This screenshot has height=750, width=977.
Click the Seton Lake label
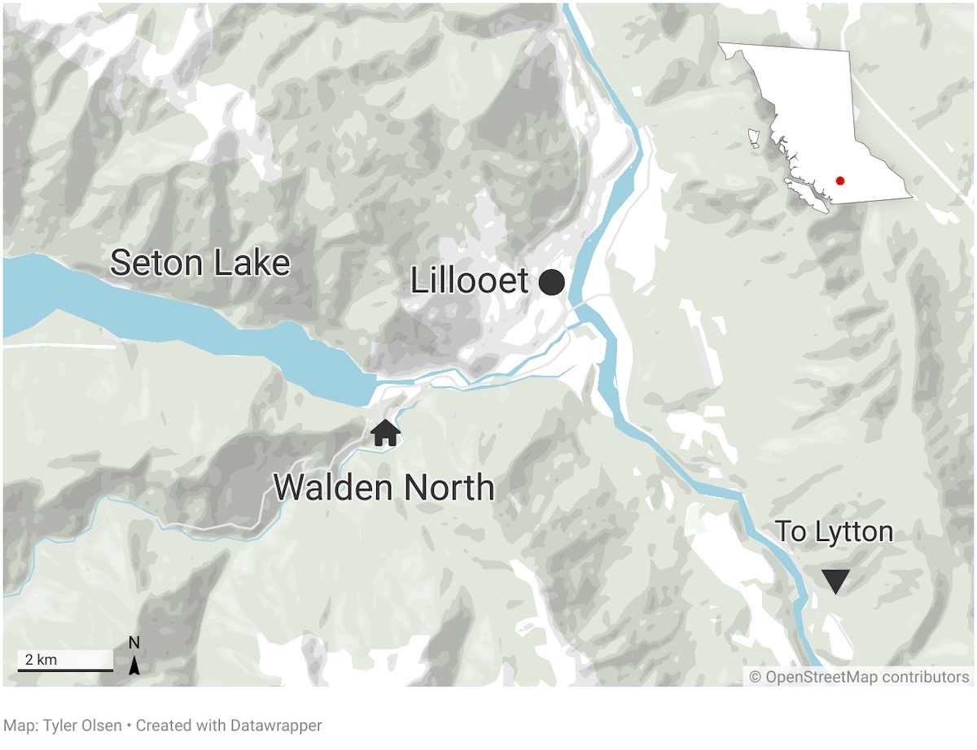(200, 263)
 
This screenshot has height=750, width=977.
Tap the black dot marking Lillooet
(552, 282)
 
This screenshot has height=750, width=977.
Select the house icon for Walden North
(385, 433)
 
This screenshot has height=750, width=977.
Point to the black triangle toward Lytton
(835, 581)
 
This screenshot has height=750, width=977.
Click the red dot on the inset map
(839, 181)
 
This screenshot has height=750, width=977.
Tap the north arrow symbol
(135, 666)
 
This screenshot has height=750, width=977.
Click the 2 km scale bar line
(65, 670)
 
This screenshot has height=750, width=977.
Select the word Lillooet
(469, 281)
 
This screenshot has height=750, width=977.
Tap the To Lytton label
(834, 532)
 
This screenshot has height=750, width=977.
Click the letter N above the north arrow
(134, 643)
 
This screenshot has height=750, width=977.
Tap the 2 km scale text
(41, 659)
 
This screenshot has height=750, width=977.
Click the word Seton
(152, 263)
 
